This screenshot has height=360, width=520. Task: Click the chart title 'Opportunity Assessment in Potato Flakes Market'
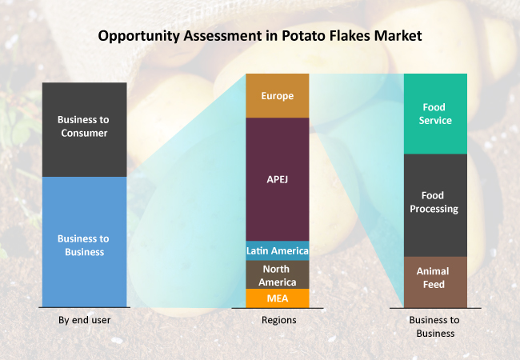point(259,36)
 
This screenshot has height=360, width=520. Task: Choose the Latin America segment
point(277,250)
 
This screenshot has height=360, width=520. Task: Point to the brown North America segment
point(277,274)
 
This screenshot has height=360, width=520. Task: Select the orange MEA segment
point(277,298)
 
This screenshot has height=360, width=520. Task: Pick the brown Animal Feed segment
point(435,282)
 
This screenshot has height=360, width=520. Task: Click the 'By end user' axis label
point(84,320)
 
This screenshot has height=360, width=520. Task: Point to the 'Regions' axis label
point(278,320)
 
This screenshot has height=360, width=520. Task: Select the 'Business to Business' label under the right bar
point(434,326)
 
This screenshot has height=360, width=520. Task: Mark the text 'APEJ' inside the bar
point(277,179)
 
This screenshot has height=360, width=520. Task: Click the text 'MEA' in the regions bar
point(277,299)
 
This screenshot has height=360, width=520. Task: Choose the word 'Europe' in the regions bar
point(277,96)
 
